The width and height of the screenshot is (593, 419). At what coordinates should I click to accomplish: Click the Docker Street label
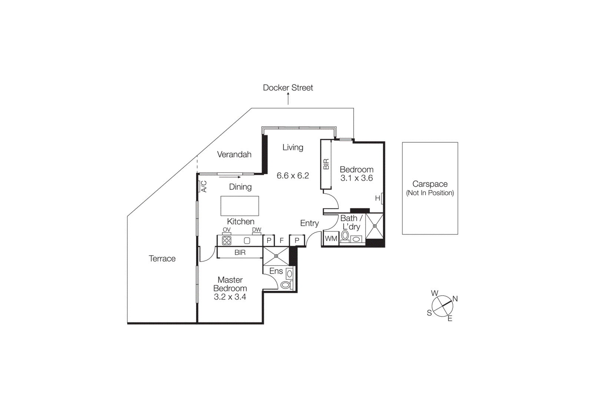[x=288, y=88]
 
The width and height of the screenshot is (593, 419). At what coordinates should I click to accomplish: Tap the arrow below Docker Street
[x=288, y=99]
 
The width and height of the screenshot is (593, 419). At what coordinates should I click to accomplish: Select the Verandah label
[x=234, y=154]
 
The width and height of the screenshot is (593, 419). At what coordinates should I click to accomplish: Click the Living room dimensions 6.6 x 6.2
[x=293, y=176]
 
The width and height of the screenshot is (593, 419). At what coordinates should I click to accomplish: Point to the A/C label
[x=203, y=186]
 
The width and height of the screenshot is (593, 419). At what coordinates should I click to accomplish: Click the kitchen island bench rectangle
[x=240, y=206]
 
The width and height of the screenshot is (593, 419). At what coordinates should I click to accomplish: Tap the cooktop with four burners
[x=226, y=241]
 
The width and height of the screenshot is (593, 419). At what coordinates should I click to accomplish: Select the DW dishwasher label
[x=256, y=230]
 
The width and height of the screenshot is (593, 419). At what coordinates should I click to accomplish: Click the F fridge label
[x=282, y=241]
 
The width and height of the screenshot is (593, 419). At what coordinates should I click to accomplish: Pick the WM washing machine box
[x=331, y=239]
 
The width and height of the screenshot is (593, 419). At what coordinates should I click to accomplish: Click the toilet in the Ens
[x=285, y=285]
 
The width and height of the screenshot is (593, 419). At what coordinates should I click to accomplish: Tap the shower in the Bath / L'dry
[x=374, y=226]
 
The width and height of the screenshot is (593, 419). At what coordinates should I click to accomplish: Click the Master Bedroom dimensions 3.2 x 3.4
[x=230, y=297]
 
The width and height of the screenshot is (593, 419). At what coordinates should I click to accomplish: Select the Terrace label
[x=162, y=259]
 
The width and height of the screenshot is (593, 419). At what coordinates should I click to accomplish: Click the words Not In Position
[x=430, y=193]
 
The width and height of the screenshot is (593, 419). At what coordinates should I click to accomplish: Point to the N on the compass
[x=455, y=299]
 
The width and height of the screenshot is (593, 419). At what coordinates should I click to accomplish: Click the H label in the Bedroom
[x=377, y=198]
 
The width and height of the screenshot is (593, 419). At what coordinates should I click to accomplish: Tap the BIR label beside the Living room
[x=326, y=164]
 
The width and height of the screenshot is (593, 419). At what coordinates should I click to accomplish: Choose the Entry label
[x=309, y=223]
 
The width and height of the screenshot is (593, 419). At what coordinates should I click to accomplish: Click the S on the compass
[x=429, y=313]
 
